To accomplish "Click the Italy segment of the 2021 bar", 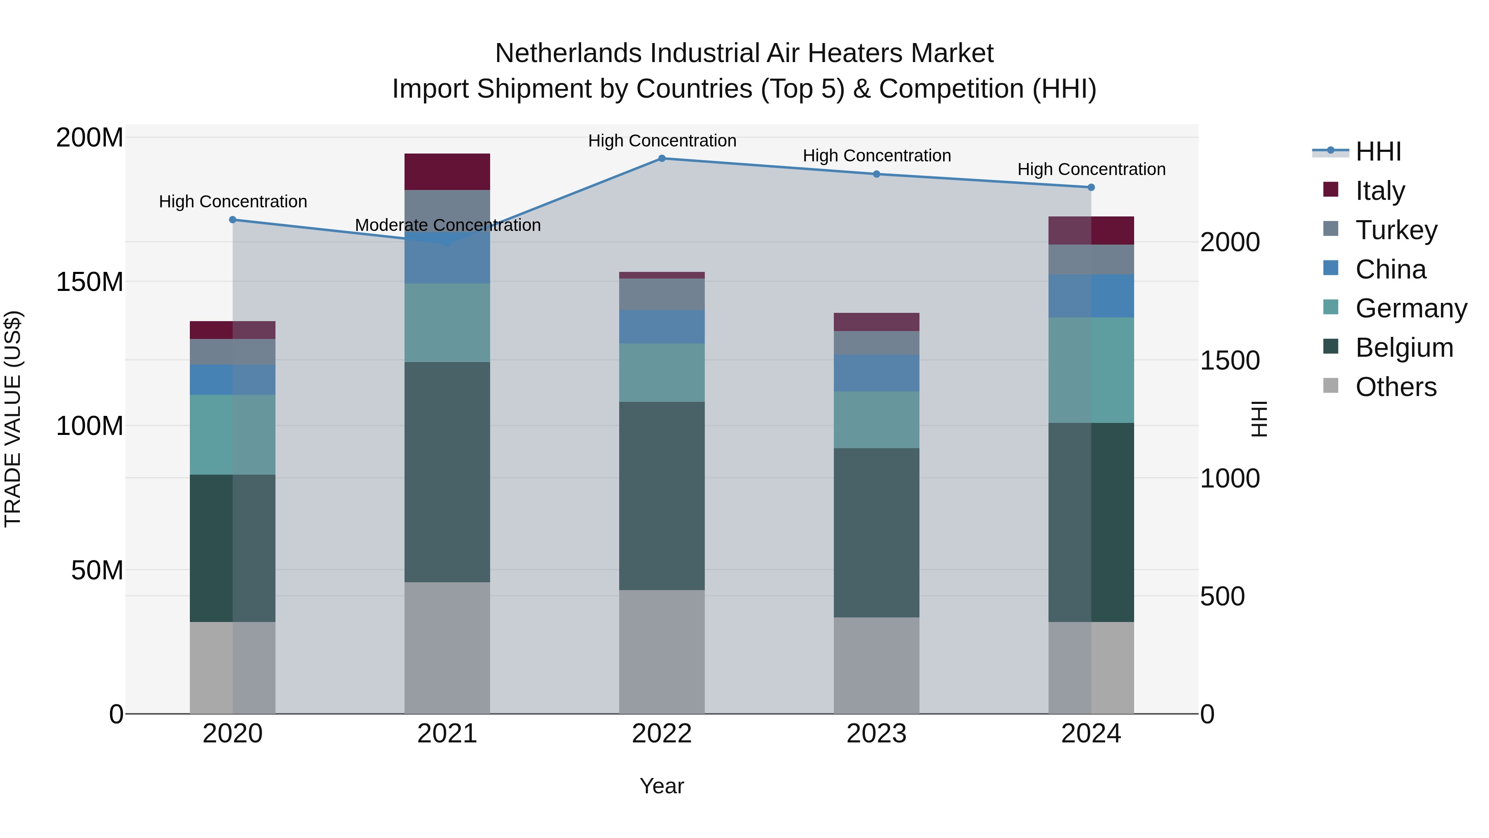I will (x=447, y=171).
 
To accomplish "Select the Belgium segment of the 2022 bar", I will (x=661, y=496).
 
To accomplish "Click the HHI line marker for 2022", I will (x=662, y=158).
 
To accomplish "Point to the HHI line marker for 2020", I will (x=232, y=219).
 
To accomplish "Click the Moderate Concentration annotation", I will (x=448, y=225).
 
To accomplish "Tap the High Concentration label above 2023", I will (x=876, y=156).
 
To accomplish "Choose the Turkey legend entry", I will (x=1396, y=230).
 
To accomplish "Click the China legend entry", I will (x=1390, y=269).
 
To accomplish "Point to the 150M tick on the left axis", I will (x=90, y=282).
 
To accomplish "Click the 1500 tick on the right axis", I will (x=1230, y=360).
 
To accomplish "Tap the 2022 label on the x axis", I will (x=661, y=734).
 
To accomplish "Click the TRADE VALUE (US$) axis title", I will (x=13, y=419).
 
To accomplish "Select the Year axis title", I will (x=661, y=786).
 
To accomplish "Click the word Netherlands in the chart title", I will (x=568, y=53).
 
